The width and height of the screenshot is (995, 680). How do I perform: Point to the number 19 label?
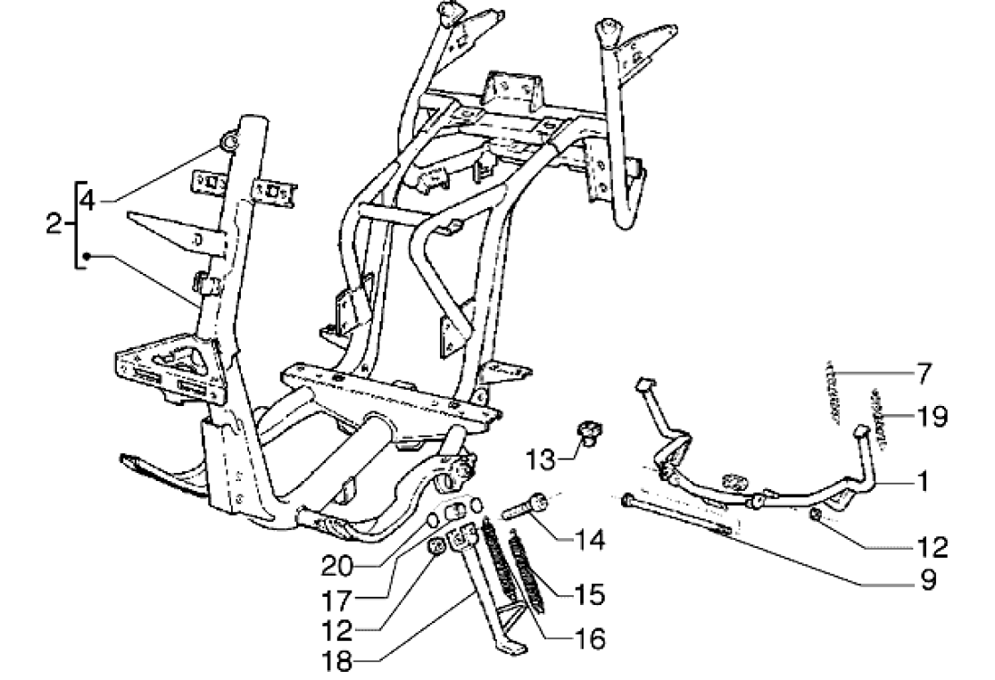pos(931,416)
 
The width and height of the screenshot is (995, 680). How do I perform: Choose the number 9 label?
pos(928,581)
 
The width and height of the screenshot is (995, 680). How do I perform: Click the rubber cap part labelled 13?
pos(590,431)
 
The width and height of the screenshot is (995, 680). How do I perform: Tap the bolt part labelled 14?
pos(527,509)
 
